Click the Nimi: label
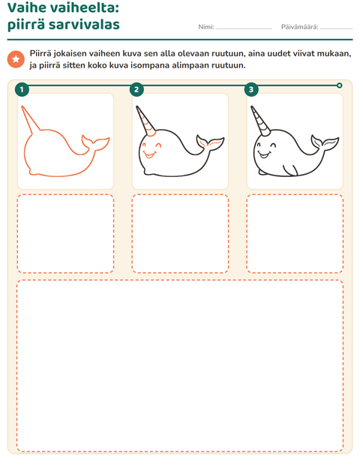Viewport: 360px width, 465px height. click(206, 27)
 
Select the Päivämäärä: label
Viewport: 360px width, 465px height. click(300, 27)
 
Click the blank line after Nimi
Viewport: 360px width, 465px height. click(244, 29)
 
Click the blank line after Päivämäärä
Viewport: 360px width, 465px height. click(336, 29)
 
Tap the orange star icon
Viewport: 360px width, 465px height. click(16, 59)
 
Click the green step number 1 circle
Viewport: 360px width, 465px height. click(22, 89)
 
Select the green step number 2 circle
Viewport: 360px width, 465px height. click(136, 89)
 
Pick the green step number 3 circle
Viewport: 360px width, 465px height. click(251, 89)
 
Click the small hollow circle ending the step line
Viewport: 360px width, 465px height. click(339, 85)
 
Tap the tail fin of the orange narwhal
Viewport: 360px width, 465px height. click(95, 143)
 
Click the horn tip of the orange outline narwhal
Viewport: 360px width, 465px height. click(22, 107)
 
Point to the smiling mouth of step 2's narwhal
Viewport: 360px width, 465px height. click(149, 154)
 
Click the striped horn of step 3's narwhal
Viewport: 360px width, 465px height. click(260, 121)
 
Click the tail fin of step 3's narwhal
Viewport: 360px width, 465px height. click(325, 142)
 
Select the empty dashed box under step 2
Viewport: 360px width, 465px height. click(180, 234)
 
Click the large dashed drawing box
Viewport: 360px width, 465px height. click(180, 366)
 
